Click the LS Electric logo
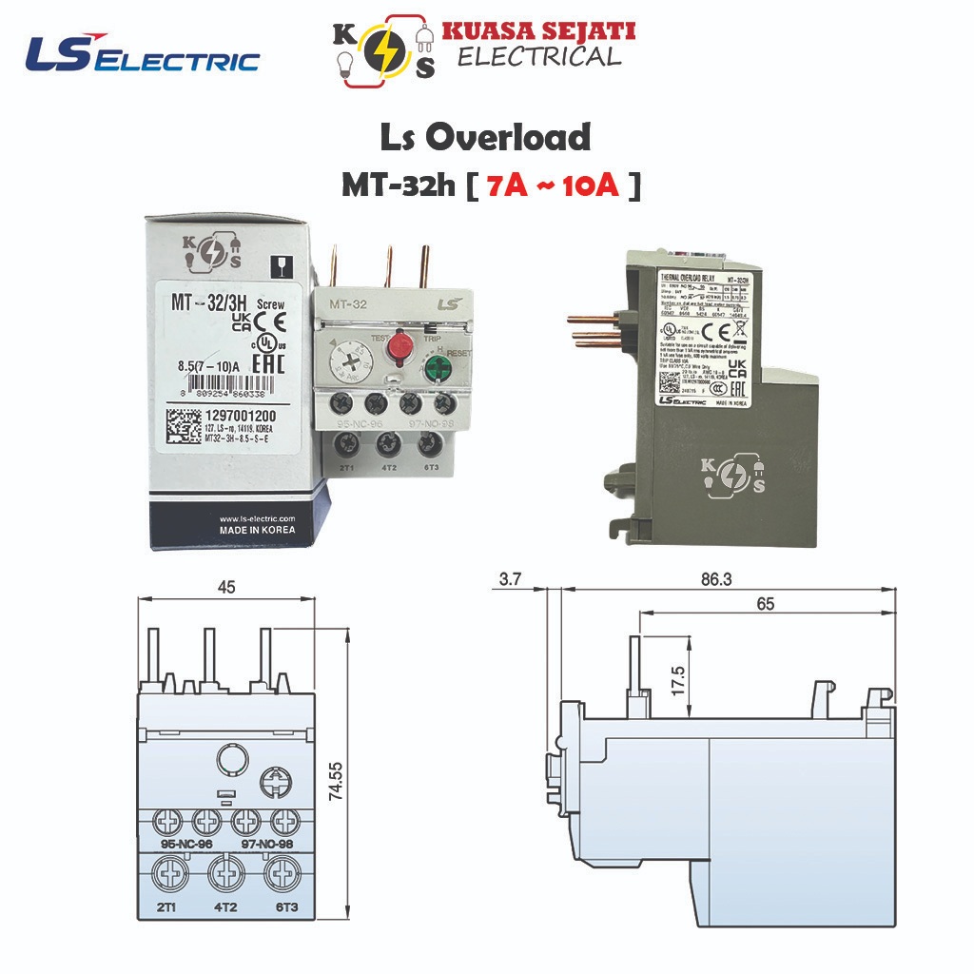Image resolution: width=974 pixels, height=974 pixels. (x=143, y=55)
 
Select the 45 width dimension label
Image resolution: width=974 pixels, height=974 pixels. (x=225, y=586)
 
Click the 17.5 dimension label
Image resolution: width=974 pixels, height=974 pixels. (x=677, y=682)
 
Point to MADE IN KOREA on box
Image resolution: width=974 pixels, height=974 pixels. (x=257, y=530)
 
